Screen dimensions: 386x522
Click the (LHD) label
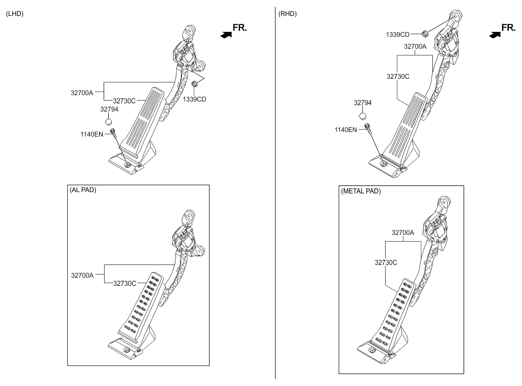pyautogui.click(x=14, y=14)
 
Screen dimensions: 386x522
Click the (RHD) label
pyautogui.click(x=287, y=14)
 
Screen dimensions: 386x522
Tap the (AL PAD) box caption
pyautogui.click(x=83, y=190)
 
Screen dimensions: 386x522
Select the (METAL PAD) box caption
pyautogui.click(x=361, y=191)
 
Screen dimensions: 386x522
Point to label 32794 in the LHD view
pyautogui.click(x=109, y=109)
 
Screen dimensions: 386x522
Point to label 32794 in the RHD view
pyautogui.click(x=362, y=103)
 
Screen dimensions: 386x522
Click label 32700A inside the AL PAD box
pyautogui.click(x=82, y=275)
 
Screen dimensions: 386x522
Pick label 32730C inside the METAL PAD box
pyautogui.click(x=386, y=262)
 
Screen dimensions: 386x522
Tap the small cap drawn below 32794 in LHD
pyautogui.click(x=108, y=121)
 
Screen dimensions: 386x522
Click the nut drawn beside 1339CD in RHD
pyautogui.click(x=424, y=33)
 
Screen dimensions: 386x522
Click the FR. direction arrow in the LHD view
pyautogui.click(x=224, y=34)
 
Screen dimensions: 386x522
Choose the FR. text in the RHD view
pyautogui.click(x=509, y=28)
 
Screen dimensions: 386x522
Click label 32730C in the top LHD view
pyautogui.click(x=124, y=101)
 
